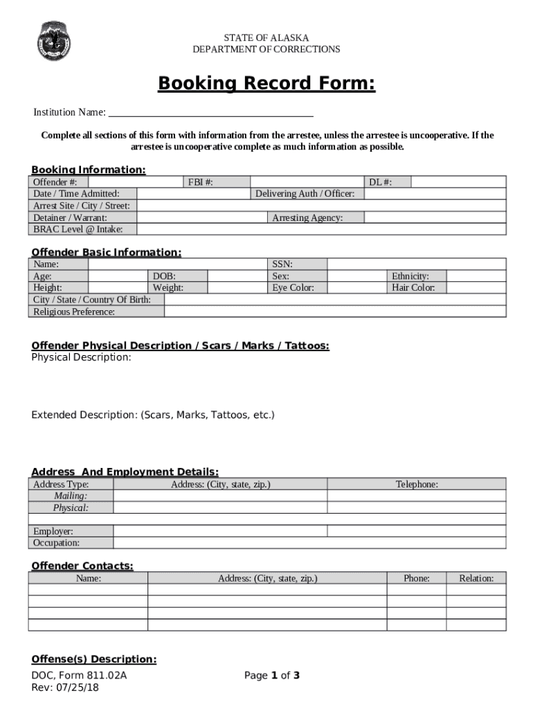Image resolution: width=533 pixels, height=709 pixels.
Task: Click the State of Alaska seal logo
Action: point(53,40)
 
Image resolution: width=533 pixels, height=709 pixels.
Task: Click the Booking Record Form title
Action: point(266,84)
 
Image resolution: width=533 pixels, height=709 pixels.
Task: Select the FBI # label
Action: point(200,182)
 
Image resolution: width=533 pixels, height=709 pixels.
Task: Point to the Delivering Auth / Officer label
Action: point(305,194)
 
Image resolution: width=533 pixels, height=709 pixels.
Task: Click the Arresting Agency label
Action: point(307,217)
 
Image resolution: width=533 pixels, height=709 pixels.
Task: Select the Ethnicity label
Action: point(410,276)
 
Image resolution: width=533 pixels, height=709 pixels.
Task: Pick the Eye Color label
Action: point(293,287)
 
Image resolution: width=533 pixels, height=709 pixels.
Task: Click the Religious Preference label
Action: point(74,312)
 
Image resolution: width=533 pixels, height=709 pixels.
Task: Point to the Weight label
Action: point(168,287)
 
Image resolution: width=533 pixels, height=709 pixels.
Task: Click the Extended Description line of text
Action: point(153,415)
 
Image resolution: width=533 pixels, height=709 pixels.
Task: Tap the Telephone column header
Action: point(417,485)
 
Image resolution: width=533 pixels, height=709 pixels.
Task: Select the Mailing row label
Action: point(71,496)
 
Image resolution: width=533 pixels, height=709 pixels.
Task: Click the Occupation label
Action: point(56,543)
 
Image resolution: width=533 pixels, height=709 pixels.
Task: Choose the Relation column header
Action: point(476,578)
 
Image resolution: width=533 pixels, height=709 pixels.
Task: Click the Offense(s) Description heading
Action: point(94,659)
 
